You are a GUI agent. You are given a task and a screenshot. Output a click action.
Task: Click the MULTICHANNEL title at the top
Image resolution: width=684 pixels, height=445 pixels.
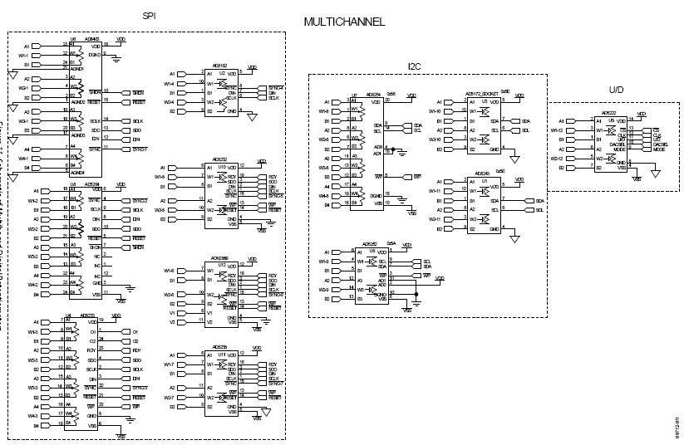tap(343, 22)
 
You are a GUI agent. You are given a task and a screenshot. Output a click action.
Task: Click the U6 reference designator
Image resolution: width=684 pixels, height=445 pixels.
tap(73, 38)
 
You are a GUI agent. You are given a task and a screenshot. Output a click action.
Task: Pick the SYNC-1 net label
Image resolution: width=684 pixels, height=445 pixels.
tap(140, 149)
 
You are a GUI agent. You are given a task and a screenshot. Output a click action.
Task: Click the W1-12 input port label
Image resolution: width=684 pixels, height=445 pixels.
tap(558, 130)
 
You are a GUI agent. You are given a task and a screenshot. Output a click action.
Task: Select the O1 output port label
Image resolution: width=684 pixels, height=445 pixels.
tap(135, 331)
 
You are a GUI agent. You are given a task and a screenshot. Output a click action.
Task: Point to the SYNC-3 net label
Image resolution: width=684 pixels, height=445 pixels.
tap(140, 388)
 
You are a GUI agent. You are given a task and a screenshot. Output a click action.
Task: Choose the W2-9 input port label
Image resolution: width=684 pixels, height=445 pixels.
tap(324, 289)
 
